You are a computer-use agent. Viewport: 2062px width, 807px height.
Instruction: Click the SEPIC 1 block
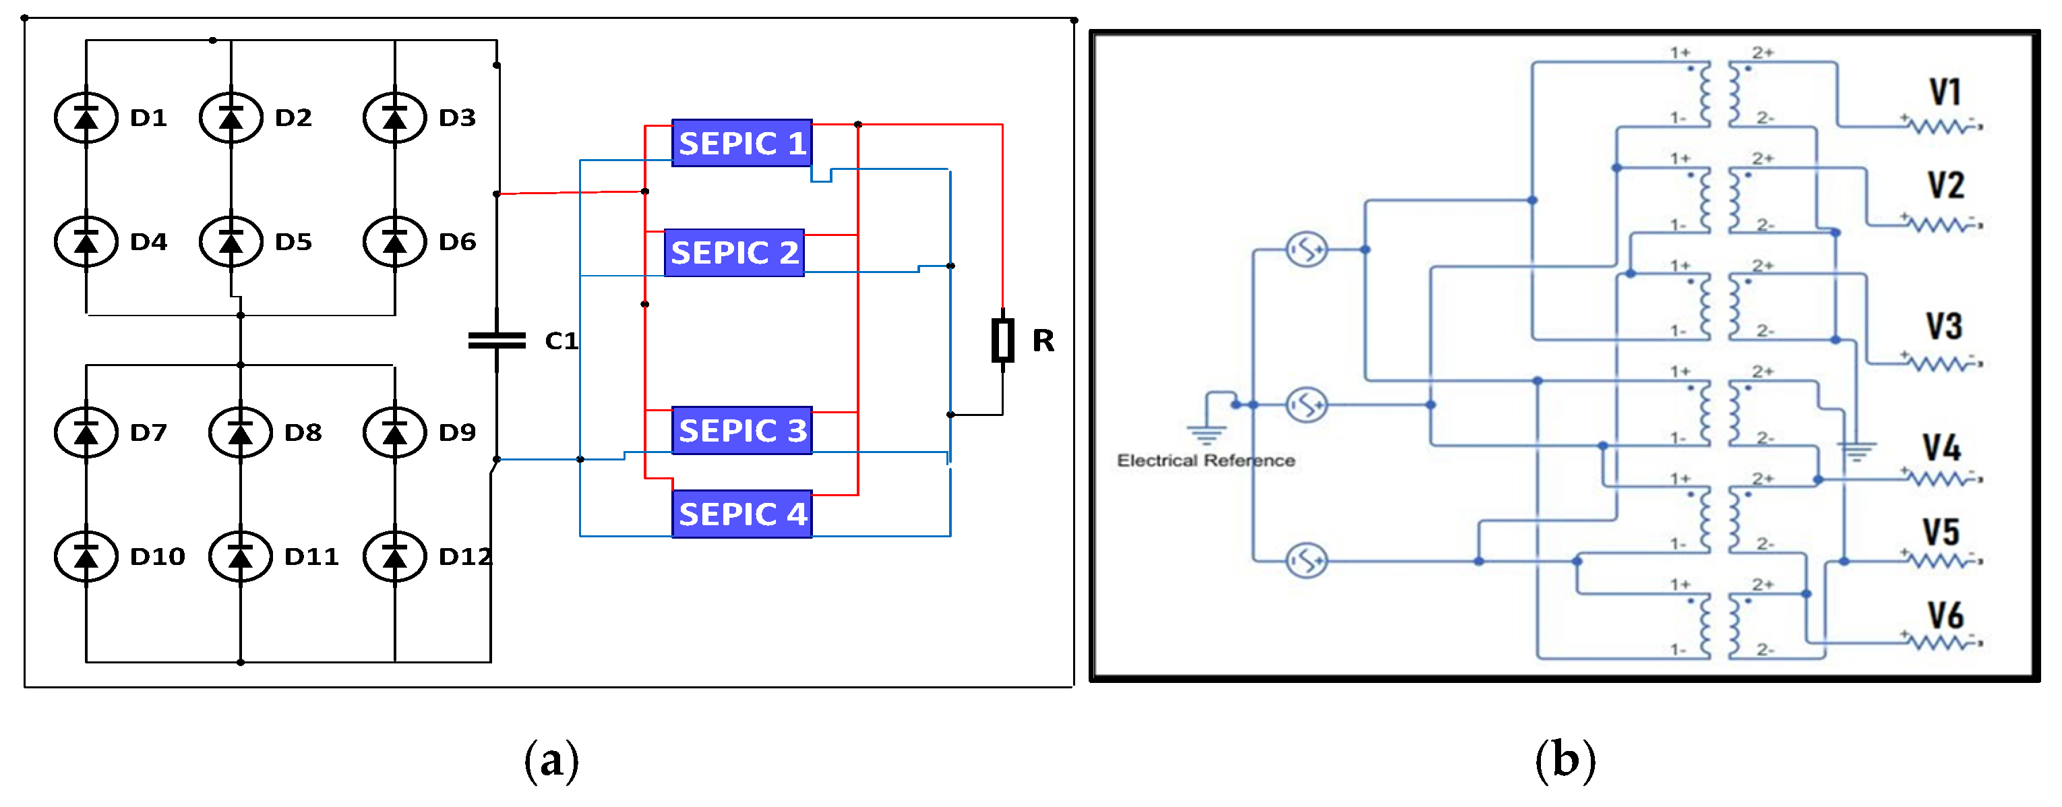tap(742, 144)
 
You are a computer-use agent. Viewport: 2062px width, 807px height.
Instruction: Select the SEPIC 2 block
tap(734, 253)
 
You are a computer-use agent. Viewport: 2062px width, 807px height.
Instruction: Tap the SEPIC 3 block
tap(742, 431)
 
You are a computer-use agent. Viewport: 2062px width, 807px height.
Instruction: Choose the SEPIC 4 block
tap(742, 514)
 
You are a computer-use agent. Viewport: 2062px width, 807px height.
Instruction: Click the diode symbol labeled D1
tap(86, 118)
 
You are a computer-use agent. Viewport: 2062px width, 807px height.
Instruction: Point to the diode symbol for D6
tap(394, 241)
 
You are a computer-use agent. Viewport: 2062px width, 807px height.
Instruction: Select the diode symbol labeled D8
tap(240, 432)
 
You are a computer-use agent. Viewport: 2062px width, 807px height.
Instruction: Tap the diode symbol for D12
tap(394, 556)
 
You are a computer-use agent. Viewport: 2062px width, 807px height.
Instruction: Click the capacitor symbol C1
tap(497, 341)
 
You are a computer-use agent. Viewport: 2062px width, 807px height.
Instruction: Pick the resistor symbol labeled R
tap(1002, 340)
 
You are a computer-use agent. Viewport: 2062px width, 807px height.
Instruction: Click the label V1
tap(1945, 92)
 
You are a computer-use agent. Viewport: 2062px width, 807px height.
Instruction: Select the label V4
tap(1942, 448)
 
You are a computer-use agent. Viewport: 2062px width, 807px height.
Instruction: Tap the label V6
tap(1945, 616)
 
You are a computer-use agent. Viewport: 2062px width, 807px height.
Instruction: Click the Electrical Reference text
tap(1205, 460)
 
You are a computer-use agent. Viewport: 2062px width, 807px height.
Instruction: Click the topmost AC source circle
tap(1306, 249)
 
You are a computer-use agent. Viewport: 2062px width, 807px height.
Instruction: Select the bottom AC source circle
tap(1306, 560)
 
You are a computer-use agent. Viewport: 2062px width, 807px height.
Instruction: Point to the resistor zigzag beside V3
tap(1942, 364)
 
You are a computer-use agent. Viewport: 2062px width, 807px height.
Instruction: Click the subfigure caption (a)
tap(551, 760)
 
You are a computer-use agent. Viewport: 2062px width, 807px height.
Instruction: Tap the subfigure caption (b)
tap(1565, 760)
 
